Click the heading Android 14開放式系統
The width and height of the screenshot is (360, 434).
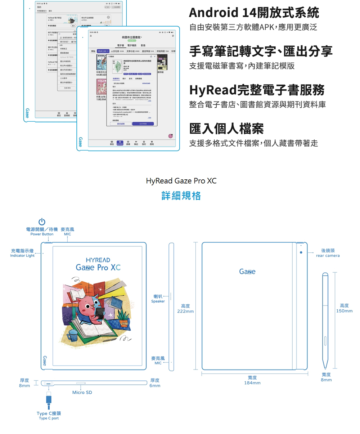tap(254, 13)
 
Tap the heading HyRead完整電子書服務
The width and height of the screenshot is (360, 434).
tap(257, 90)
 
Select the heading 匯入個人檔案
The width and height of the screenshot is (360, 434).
tap(226, 129)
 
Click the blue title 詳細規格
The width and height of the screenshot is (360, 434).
tap(181, 196)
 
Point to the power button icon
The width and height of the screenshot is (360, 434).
tap(42, 222)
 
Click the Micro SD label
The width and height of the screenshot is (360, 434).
tap(82, 392)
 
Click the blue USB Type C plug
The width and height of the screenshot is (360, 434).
tap(49, 399)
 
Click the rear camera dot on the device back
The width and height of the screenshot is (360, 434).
tap(301, 252)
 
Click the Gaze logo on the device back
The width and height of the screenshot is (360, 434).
tap(247, 272)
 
